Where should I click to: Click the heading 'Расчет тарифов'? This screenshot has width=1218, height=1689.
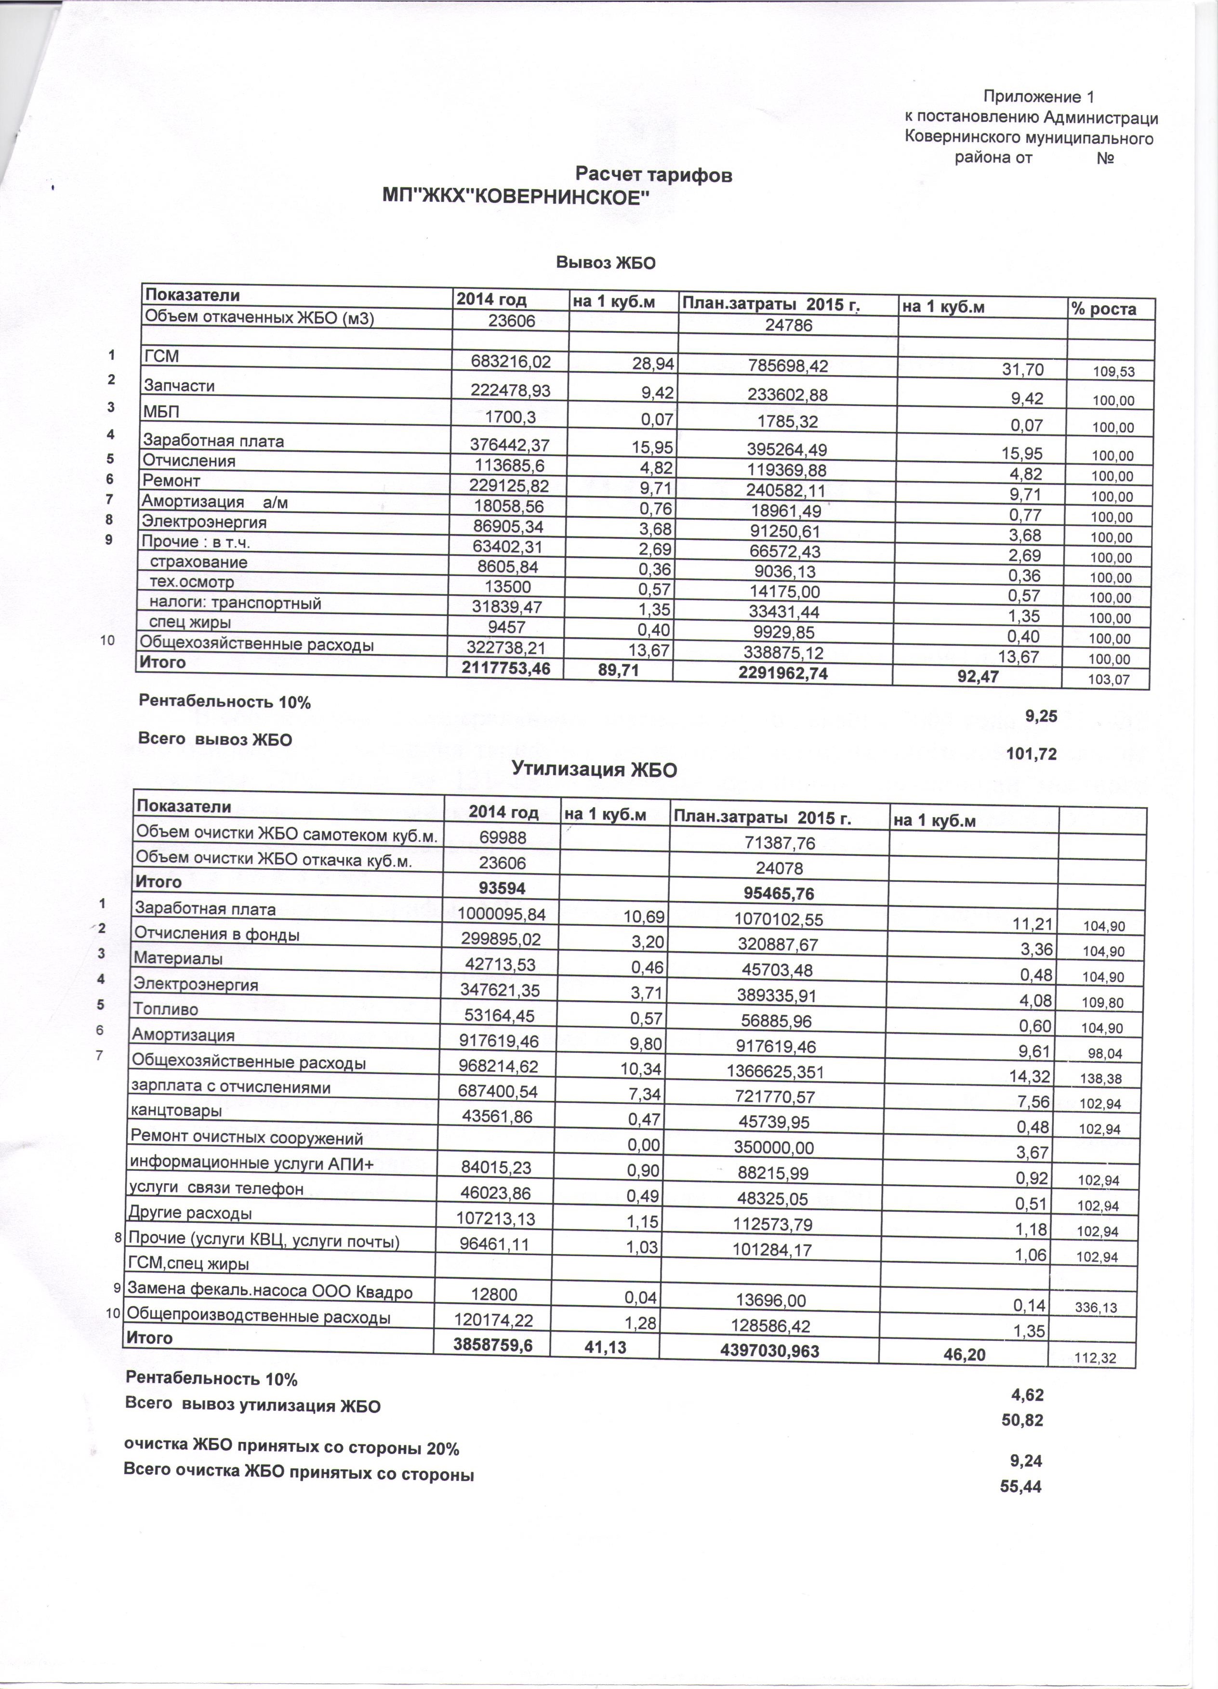click(x=654, y=175)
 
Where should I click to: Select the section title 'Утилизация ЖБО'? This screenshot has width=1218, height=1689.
click(x=594, y=769)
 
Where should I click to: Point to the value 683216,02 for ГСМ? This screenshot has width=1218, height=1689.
click(x=510, y=362)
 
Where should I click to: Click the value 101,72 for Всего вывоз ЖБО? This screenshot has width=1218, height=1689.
click(x=1031, y=754)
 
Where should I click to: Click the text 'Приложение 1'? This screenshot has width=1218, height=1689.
click(x=1038, y=97)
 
